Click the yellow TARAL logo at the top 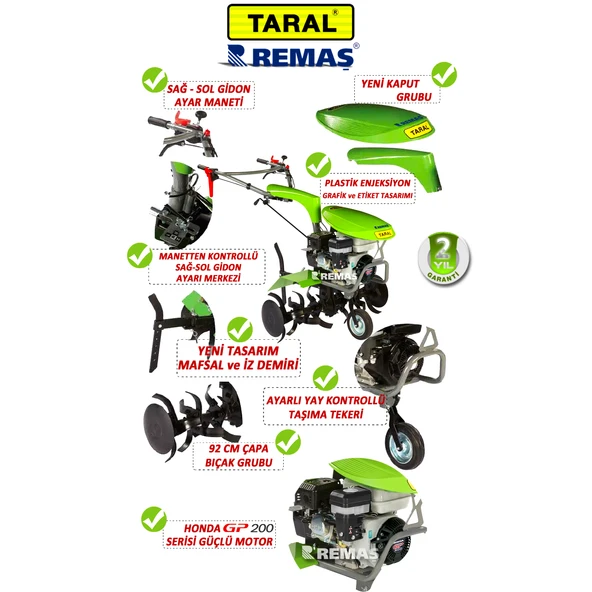tap(290, 22)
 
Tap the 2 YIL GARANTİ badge tap(444, 258)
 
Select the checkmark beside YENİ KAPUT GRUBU tap(444, 75)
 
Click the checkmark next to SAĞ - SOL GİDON tap(155, 80)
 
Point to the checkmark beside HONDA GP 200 tap(154, 519)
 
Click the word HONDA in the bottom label tap(202, 528)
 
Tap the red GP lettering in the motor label tap(235, 527)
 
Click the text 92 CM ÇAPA tap(238, 449)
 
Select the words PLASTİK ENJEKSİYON tap(367, 183)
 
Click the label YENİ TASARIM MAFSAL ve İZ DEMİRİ tap(238, 358)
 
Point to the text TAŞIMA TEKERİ tap(325, 415)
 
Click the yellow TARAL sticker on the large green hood tap(419, 131)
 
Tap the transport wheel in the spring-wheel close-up tap(405, 447)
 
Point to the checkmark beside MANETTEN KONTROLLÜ tap(140, 256)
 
